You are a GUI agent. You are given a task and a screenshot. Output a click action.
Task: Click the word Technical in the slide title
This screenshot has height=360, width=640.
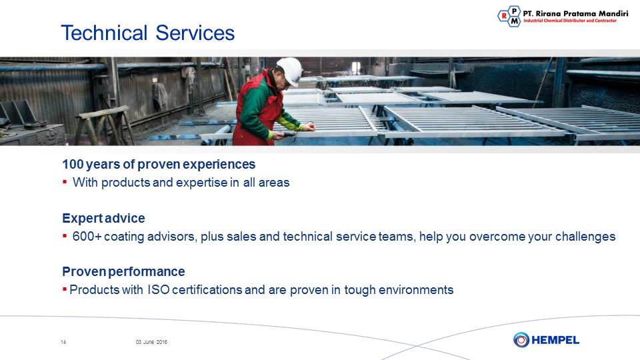(x=104, y=33)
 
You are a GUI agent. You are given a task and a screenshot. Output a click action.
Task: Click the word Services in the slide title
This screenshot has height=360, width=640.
(x=195, y=33)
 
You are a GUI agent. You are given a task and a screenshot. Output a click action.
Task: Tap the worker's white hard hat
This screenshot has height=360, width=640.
(x=290, y=71)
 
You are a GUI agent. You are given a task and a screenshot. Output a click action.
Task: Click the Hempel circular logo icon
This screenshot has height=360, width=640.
(x=521, y=339)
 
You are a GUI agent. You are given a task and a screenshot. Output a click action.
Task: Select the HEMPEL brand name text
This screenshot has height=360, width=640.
(x=555, y=340)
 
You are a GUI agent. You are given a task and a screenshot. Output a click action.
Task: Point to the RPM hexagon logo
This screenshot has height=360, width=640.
(x=509, y=16)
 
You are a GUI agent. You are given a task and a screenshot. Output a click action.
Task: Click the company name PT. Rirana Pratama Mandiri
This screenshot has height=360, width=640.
(x=575, y=13)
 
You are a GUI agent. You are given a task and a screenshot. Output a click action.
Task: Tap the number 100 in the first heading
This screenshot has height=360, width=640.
(x=73, y=164)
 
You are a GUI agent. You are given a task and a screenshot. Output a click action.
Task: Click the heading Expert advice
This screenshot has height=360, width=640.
(x=104, y=219)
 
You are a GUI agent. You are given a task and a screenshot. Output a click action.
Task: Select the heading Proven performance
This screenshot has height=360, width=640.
(x=124, y=271)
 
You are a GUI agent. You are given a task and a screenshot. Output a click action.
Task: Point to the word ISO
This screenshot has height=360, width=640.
(x=159, y=290)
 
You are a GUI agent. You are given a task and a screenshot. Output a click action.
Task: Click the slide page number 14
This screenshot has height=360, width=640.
(x=63, y=342)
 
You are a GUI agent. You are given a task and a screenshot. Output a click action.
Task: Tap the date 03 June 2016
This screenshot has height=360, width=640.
(x=151, y=342)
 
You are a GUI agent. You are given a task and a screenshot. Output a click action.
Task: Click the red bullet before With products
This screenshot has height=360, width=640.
(x=65, y=181)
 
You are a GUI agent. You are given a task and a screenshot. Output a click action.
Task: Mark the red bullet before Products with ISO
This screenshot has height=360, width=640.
(x=65, y=289)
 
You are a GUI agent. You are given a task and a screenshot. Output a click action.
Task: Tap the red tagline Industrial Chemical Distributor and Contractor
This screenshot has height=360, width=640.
(x=570, y=21)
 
